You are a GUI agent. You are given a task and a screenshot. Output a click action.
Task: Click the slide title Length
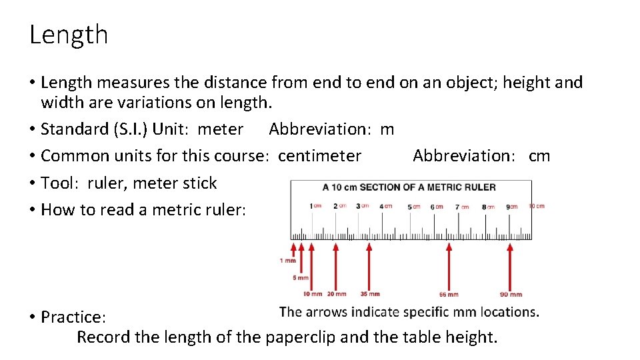(69, 35)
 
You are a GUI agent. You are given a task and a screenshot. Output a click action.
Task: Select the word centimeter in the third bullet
(319, 156)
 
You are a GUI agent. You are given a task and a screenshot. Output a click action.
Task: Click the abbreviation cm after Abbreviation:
(539, 156)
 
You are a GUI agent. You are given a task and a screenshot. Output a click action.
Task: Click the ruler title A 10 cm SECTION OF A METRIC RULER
(409, 187)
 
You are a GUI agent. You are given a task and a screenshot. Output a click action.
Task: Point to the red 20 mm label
(337, 294)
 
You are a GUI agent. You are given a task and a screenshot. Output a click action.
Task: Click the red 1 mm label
(288, 260)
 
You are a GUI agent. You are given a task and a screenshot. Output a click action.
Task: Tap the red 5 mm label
(301, 277)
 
